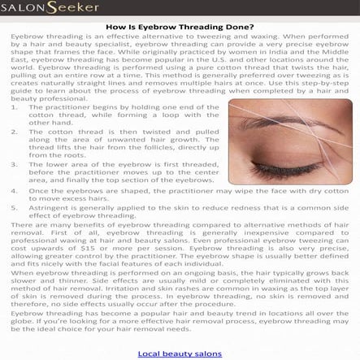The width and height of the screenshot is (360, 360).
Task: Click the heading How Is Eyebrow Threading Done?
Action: (x=180, y=26)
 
